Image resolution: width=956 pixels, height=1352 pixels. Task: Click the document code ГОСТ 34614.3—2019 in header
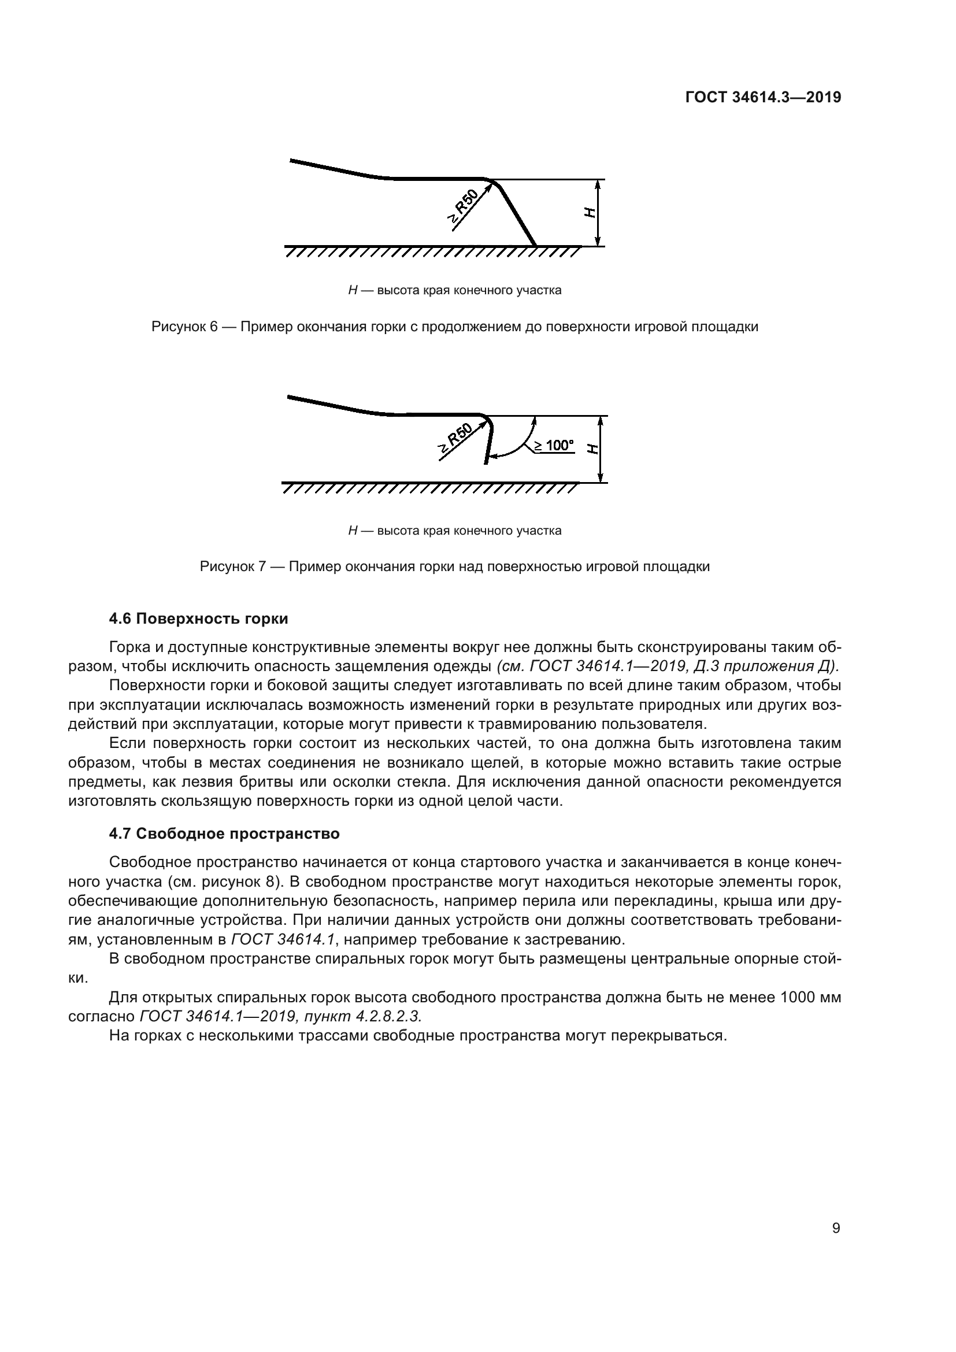763,97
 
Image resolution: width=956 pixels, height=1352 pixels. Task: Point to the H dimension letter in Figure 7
592,449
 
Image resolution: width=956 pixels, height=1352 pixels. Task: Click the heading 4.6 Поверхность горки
198,618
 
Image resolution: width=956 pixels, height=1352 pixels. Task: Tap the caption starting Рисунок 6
454,326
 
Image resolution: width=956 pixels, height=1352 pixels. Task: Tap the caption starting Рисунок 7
454,566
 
